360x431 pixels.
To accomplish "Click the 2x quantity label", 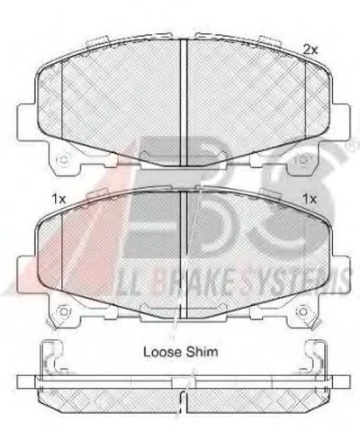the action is pos(310,49).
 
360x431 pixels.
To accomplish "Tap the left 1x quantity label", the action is pos(58,199).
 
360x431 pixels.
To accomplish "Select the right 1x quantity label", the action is pos(310,199).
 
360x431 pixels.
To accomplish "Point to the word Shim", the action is pos(202,352).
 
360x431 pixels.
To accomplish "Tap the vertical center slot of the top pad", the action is pos(184,103).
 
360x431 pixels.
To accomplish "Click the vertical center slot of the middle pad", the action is pos(184,254).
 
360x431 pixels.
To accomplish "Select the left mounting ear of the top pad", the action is pos(27,122).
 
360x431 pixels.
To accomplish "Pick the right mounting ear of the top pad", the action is pos(340,122).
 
